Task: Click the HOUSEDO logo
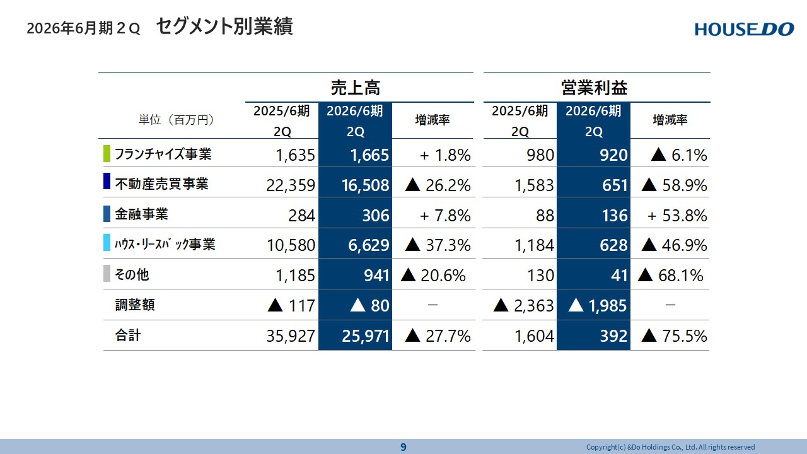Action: click(x=744, y=29)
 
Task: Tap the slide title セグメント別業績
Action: click(x=224, y=27)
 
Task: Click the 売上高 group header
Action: click(x=355, y=88)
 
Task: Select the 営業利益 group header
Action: click(x=594, y=88)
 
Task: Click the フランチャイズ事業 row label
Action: click(x=163, y=154)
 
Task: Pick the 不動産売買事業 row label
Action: click(x=161, y=184)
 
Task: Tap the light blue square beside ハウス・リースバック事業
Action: click(x=107, y=244)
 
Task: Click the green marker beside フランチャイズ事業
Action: click(x=107, y=154)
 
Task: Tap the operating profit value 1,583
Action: click(x=533, y=185)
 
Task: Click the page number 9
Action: click(x=403, y=447)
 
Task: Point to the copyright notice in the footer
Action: click(x=670, y=447)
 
